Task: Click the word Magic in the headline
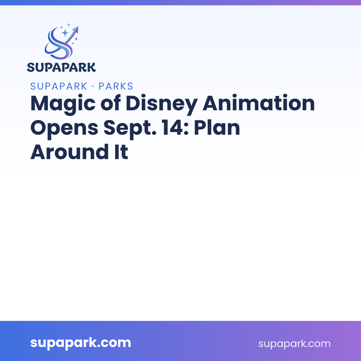coord(63,104)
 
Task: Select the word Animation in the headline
coord(258,103)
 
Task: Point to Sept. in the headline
coord(130,128)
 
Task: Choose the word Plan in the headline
coord(217,127)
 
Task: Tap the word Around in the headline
coord(70,152)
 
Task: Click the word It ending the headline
coord(121,152)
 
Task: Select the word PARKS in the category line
coord(116,86)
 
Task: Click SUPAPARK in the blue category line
coord(59,86)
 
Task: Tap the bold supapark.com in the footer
coord(81,343)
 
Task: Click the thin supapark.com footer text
coord(294,344)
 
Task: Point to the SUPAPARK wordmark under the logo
coord(61,67)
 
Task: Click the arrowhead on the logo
coord(76,30)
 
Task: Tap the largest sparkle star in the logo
coord(65,32)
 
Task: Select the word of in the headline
coord(111,103)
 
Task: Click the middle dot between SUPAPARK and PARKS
coord(93,87)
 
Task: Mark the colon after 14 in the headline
coord(186,129)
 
